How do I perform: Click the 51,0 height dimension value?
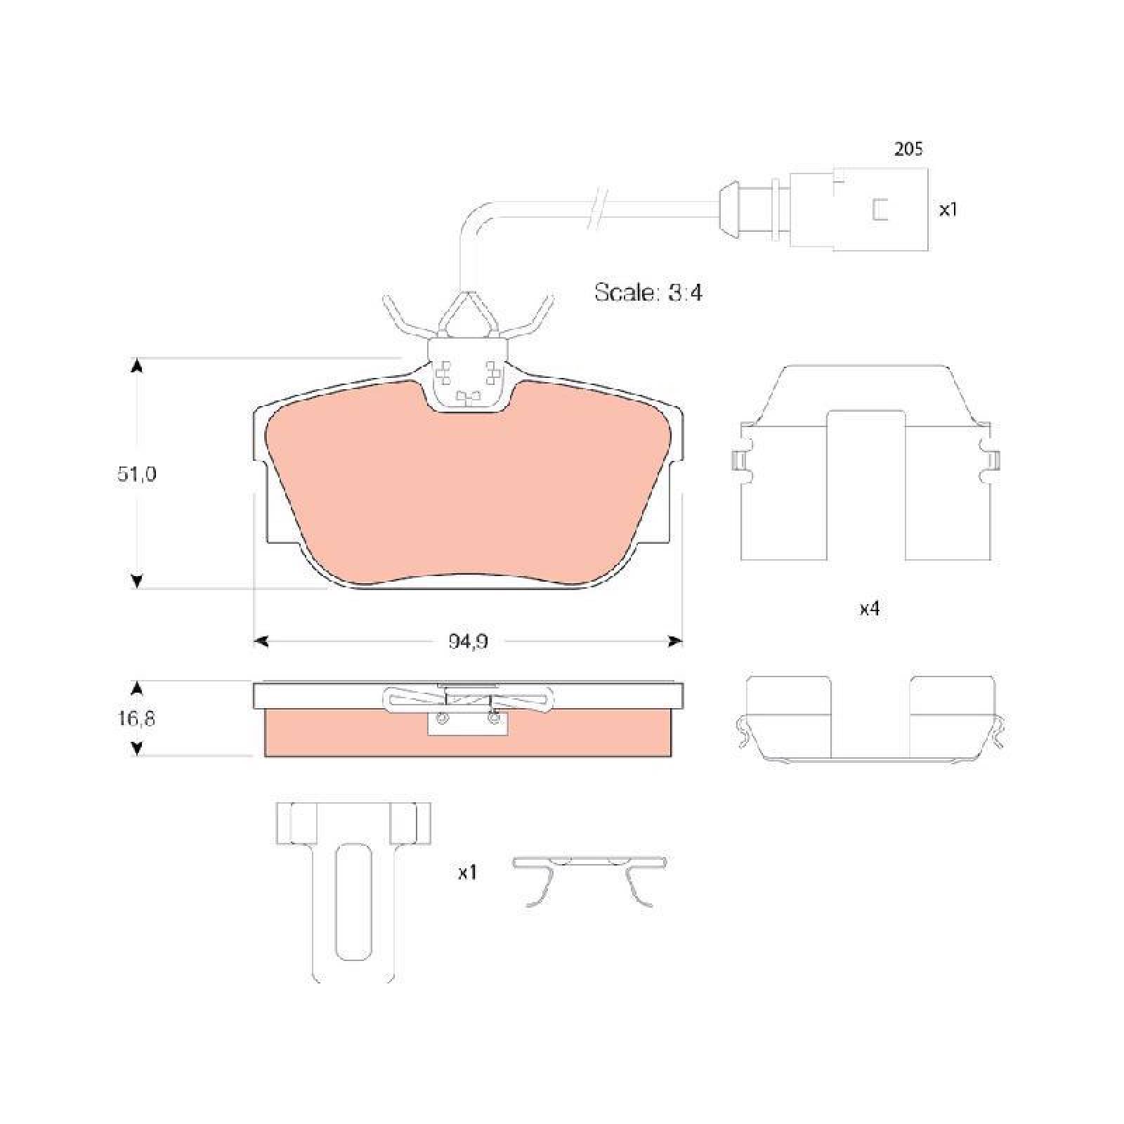(137, 474)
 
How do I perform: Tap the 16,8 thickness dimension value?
(137, 718)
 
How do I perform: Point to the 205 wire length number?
(908, 149)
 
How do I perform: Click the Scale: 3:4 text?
(648, 292)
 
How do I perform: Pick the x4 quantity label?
(870, 609)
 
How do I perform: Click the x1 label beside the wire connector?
(948, 209)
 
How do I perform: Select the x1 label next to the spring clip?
(467, 873)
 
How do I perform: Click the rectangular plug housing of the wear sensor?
(858, 209)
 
